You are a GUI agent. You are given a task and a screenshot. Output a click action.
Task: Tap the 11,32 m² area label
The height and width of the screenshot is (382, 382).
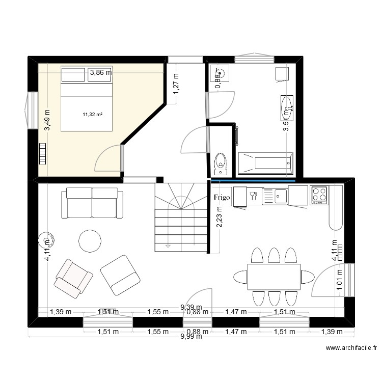point(92,114)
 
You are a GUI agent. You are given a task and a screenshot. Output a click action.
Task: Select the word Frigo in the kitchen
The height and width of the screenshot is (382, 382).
point(222,197)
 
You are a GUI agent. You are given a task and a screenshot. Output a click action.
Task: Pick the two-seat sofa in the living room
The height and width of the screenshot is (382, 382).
point(92,202)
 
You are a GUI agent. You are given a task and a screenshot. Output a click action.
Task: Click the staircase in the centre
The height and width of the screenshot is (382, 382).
point(181,217)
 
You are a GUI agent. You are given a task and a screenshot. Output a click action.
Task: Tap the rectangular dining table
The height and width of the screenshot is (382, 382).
point(273,277)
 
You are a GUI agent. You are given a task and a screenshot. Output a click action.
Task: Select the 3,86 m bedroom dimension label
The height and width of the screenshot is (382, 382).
point(100,73)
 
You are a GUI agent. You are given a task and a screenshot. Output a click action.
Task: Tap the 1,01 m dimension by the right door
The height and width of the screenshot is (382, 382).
point(340,281)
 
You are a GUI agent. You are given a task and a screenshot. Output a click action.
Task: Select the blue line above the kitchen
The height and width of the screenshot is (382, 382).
point(253,180)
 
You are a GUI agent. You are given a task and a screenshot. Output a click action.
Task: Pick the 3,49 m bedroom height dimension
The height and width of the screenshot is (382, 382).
point(47,121)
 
